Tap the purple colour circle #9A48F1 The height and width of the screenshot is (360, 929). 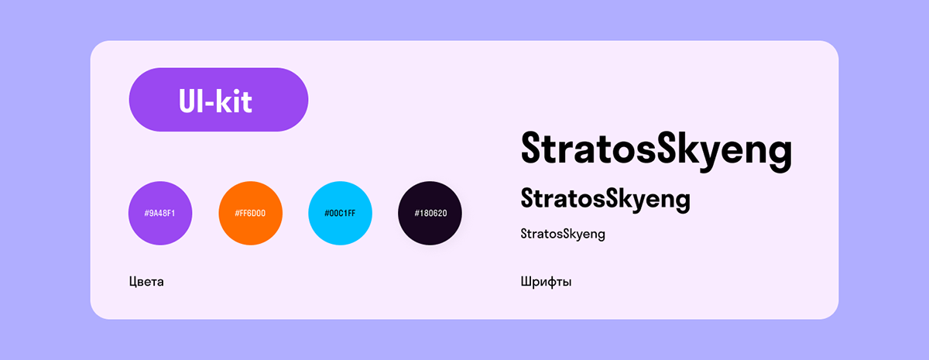160,213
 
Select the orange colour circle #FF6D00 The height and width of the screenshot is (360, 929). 250,213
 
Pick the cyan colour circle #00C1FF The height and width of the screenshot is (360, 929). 340,213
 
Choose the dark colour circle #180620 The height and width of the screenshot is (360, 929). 430,213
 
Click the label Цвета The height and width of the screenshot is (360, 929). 146,281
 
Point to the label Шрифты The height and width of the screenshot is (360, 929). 546,281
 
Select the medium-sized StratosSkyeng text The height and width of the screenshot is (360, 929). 605,199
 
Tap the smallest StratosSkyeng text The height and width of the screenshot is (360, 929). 562,234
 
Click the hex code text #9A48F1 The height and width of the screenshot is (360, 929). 160,213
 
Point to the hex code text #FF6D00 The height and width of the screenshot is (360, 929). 250,213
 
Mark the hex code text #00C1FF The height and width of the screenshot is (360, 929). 340,213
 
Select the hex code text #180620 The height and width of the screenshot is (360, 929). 430,213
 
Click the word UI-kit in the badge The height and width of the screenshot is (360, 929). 215,101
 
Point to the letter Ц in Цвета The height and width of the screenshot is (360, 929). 134,281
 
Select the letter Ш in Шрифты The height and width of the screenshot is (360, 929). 526,281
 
